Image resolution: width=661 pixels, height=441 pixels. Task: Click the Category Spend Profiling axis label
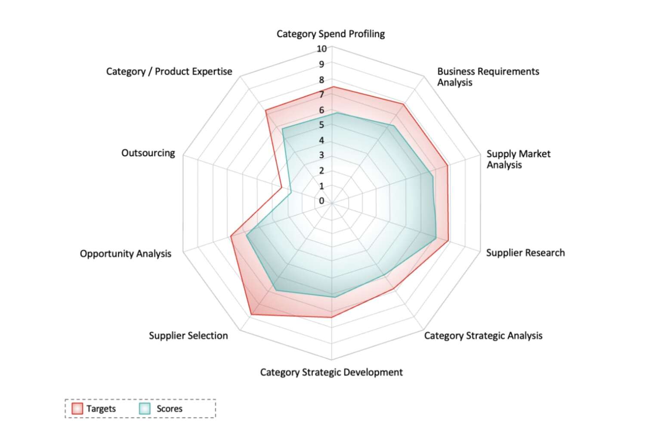[x=330, y=34]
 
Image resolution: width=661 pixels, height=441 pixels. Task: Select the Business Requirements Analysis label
[x=488, y=77]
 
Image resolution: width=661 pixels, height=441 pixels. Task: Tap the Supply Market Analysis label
[x=519, y=159]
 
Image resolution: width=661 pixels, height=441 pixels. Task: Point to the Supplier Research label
[x=525, y=253]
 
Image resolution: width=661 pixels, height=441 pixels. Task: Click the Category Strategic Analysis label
[x=483, y=336]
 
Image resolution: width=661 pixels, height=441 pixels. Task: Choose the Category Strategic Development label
[x=331, y=373]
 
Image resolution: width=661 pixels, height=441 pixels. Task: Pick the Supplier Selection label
[x=188, y=336]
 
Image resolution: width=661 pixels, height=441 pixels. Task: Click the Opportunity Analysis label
[x=125, y=254]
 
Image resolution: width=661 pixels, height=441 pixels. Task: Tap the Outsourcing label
[x=148, y=153]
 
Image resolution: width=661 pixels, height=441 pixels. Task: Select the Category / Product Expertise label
[x=169, y=71]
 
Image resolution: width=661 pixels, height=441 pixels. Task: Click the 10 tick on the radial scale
[x=321, y=49]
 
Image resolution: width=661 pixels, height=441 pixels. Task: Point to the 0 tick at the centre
[x=321, y=201]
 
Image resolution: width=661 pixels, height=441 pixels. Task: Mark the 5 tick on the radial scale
[x=321, y=125]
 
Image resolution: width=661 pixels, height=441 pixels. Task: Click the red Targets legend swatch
[x=77, y=409]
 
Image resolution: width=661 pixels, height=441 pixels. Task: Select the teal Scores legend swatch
[x=145, y=409]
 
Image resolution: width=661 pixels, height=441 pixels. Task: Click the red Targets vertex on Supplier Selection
[x=251, y=315]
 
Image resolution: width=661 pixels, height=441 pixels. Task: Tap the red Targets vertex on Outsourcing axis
[x=282, y=187]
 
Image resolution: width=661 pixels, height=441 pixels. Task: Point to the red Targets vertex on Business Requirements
[x=403, y=104]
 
